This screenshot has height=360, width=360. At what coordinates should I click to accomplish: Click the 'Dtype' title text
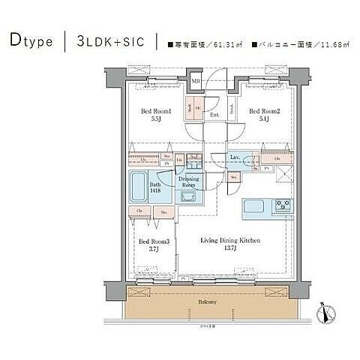point(31,41)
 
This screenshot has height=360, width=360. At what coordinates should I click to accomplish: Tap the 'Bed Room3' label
point(153,241)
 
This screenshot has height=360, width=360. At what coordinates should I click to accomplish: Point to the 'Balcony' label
point(207,301)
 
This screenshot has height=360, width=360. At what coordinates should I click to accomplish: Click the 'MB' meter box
point(195,81)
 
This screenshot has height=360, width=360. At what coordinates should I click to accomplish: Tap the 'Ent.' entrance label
point(214,115)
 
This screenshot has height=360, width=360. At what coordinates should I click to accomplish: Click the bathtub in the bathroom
point(140,187)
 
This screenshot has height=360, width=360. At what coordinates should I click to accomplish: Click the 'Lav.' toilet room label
point(235,157)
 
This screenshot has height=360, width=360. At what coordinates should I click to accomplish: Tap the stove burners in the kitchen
point(283,204)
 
